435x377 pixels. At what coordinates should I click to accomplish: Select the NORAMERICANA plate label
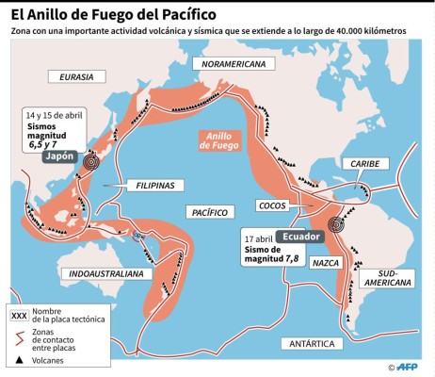click(228, 64)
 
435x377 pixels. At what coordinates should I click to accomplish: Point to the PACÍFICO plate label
click(207, 212)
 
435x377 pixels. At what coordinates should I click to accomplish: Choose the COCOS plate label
click(273, 205)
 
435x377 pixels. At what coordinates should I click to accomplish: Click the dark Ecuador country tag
click(299, 237)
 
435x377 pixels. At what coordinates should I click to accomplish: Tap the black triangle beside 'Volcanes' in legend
click(19, 359)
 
